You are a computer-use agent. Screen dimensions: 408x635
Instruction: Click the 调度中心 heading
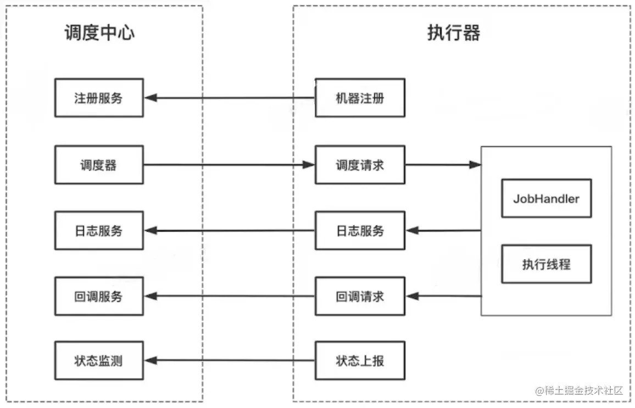[x=99, y=33]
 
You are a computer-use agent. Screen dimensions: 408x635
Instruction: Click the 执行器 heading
[x=454, y=33]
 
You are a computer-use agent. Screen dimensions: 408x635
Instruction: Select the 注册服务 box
[x=99, y=98]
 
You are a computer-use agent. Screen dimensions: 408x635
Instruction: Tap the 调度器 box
[x=99, y=165]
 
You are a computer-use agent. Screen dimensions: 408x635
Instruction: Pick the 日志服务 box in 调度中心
[x=99, y=231]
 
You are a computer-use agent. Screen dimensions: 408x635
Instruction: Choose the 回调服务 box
[x=99, y=297]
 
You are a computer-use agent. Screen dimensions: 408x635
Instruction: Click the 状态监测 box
[x=99, y=361]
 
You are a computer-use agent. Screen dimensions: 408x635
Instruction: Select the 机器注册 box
[x=360, y=98]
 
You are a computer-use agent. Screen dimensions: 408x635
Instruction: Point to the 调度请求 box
[x=360, y=165]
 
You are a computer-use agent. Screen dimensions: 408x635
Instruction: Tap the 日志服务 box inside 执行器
[x=360, y=231]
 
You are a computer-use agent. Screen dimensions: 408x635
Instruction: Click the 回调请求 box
[x=360, y=297]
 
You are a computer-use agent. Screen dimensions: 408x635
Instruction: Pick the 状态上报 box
[x=360, y=361]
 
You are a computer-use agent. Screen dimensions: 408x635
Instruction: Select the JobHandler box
[x=546, y=198]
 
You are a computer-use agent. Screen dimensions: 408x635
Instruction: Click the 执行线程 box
[x=546, y=264]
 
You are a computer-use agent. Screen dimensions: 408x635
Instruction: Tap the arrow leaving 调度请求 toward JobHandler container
[x=443, y=165]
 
